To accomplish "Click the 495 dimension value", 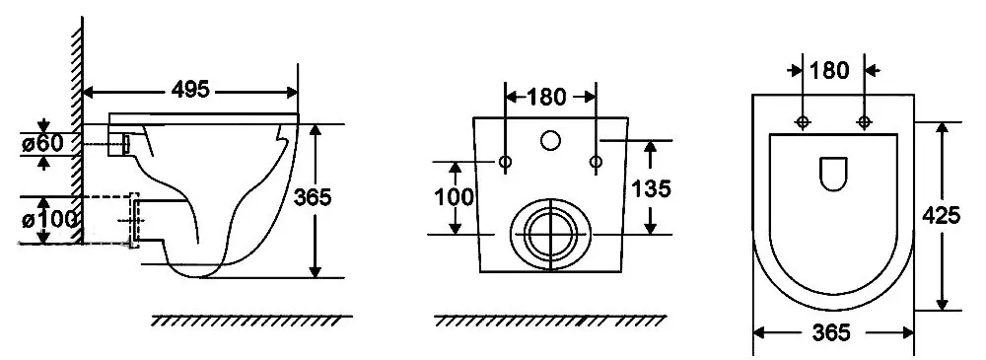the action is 190,90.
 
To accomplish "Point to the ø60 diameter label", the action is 42,143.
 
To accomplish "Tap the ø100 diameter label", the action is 49,219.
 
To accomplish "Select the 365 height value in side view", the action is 313,197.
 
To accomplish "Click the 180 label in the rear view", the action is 546,97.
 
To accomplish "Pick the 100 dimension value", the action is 454,197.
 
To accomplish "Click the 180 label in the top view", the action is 829,70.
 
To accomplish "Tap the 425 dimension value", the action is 941,215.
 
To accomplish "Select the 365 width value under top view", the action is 831,332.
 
